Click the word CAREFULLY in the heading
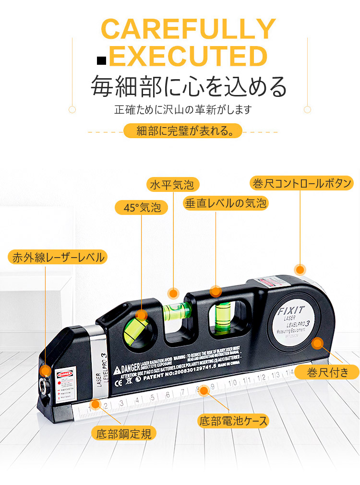pos(189,29)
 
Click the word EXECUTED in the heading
pos(188,56)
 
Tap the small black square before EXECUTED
pos(101,60)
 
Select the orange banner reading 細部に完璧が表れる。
pos(183,131)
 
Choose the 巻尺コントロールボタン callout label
pos(302,183)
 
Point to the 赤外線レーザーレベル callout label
pos(58,257)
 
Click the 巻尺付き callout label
pos(327,372)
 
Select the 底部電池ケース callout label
pos(233,421)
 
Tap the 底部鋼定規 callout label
pos(124,434)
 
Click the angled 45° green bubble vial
pos(135,330)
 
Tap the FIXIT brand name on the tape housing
pos(290,311)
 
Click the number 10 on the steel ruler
pos(233,383)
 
